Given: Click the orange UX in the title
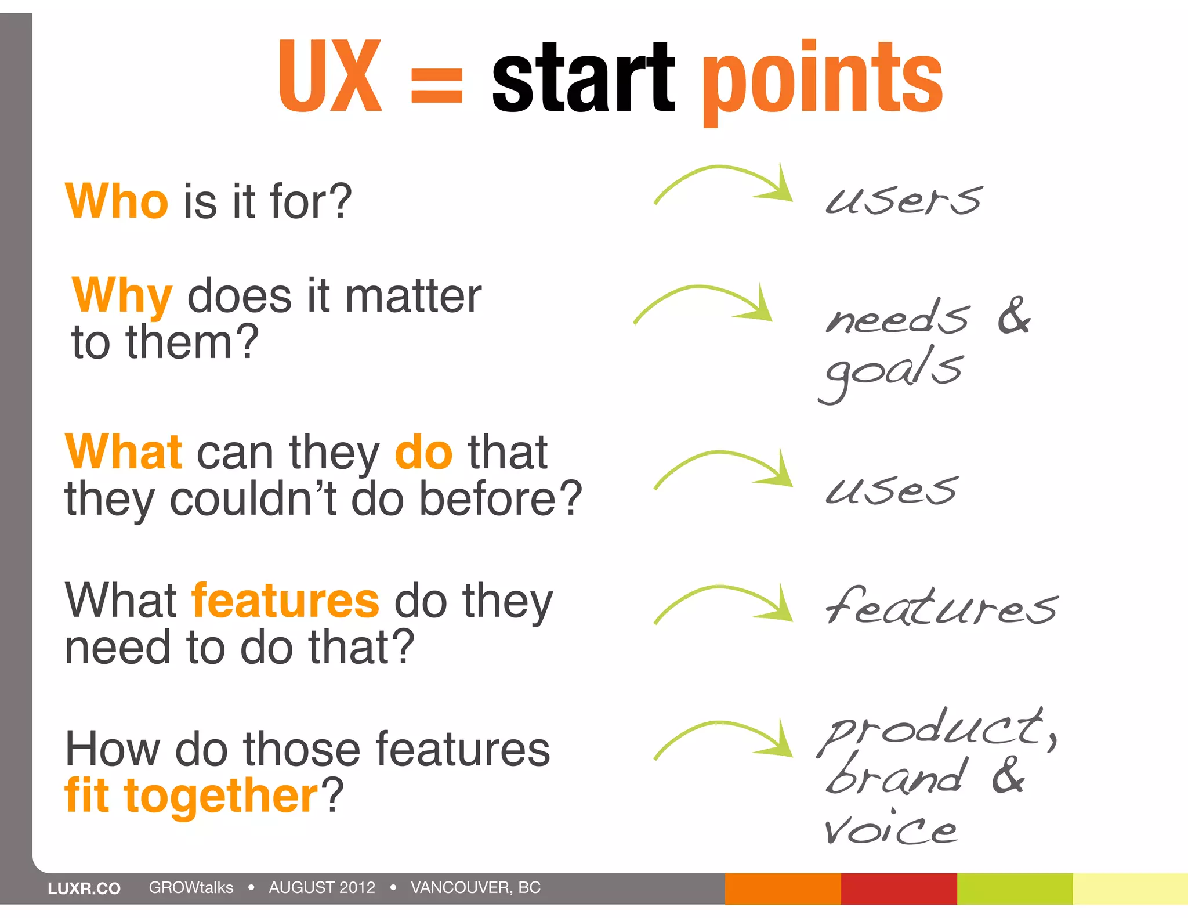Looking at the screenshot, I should point(330,77).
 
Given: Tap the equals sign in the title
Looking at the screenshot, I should point(436,85).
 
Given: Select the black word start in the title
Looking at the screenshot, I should point(582,78).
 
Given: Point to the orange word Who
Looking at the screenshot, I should point(117,201).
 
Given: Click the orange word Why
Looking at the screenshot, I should point(122,296).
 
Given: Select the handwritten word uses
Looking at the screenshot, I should point(891,489).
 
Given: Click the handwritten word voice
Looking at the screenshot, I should point(890,828).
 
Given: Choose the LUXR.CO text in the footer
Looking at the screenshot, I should point(84,888).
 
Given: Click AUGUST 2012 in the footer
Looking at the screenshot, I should point(322,887).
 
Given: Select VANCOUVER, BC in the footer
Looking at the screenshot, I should point(475,887).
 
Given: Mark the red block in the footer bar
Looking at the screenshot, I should point(899,888).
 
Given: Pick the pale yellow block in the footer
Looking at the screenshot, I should point(1130,888).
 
